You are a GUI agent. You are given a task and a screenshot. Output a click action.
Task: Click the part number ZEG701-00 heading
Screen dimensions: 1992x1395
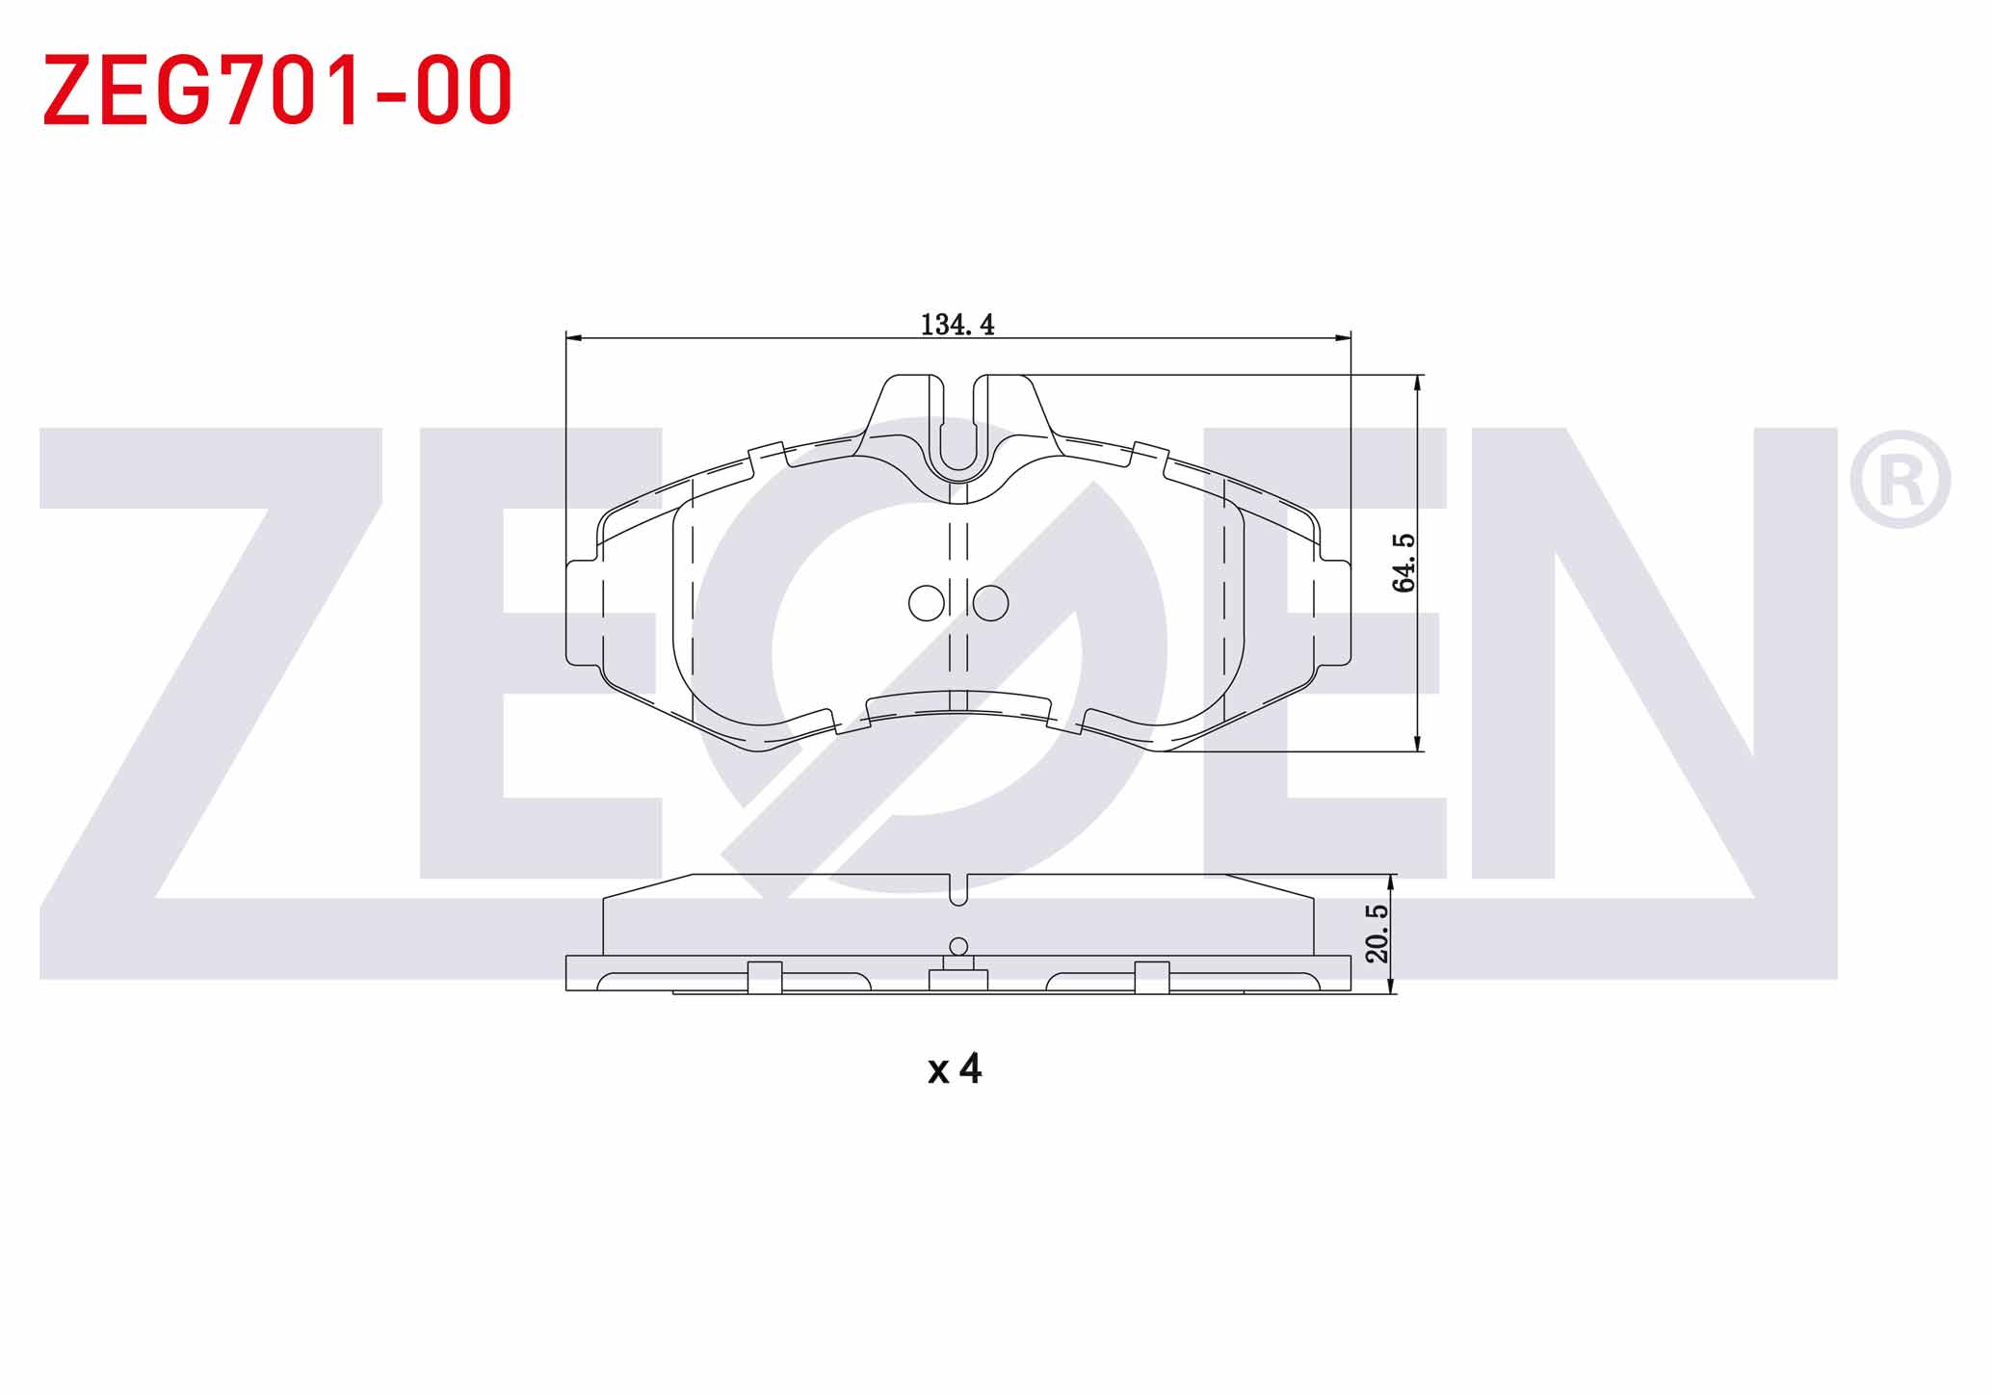(x=277, y=91)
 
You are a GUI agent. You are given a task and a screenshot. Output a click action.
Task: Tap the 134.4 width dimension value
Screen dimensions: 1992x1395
(x=957, y=325)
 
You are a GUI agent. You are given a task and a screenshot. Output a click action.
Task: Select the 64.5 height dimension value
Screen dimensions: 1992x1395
(x=1404, y=563)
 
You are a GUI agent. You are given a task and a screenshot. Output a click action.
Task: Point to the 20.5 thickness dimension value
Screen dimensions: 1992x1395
(x=1377, y=933)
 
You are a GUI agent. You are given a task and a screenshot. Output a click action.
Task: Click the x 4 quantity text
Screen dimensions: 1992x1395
(x=955, y=1068)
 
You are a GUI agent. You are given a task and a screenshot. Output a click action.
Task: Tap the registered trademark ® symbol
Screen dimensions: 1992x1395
(x=1900, y=480)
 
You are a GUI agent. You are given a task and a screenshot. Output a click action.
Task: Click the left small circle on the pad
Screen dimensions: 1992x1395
(x=927, y=603)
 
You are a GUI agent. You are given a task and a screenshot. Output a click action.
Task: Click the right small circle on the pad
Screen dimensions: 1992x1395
(x=990, y=603)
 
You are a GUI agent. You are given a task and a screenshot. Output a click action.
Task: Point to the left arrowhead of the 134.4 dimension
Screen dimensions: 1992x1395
(x=574, y=338)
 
